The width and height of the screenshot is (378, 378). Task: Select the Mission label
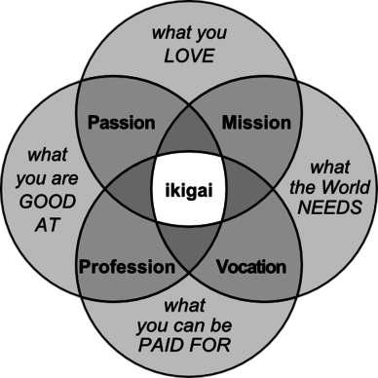tap(256, 123)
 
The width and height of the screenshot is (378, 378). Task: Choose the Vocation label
tap(250, 266)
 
